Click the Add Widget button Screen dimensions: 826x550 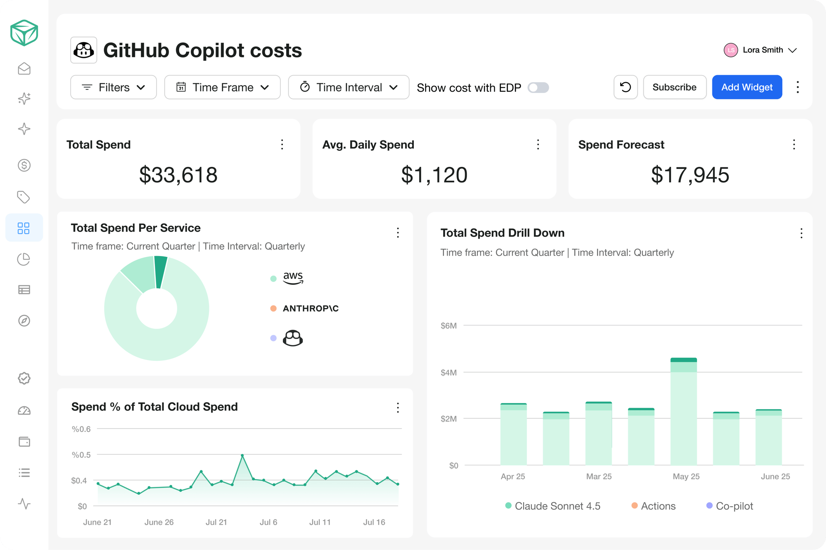pyautogui.click(x=747, y=87)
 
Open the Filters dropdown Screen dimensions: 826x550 pyautogui.click(x=114, y=87)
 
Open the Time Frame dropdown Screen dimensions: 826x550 pyautogui.click(x=222, y=87)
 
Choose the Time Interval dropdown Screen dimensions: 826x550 pyautogui.click(x=349, y=87)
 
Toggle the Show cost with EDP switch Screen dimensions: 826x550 pyautogui.click(x=538, y=88)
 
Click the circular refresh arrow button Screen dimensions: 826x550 pyautogui.click(x=626, y=87)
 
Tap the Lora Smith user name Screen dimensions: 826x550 pyautogui.click(x=763, y=50)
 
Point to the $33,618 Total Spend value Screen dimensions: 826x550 pyautogui.click(x=178, y=175)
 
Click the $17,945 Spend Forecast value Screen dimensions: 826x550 pyautogui.click(x=690, y=175)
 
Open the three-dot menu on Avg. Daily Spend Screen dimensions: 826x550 pyautogui.click(x=538, y=145)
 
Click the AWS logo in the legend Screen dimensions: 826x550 pyautogui.click(x=293, y=278)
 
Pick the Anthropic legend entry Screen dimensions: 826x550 pyautogui.click(x=304, y=308)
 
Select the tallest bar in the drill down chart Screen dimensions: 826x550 pyautogui.click(x=684, y=411)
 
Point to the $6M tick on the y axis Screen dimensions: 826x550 pyautogui.click(x=449, y=326)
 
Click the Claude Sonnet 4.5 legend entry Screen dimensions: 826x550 pyautogui.click(x=553, y=506)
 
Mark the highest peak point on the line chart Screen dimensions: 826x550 pyautogui.click(x=242, y=455)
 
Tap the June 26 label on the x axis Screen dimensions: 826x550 pyautogui.click(x=159, y=522)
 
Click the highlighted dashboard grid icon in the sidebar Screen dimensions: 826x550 pyautogui.click(x=24, y=228)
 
